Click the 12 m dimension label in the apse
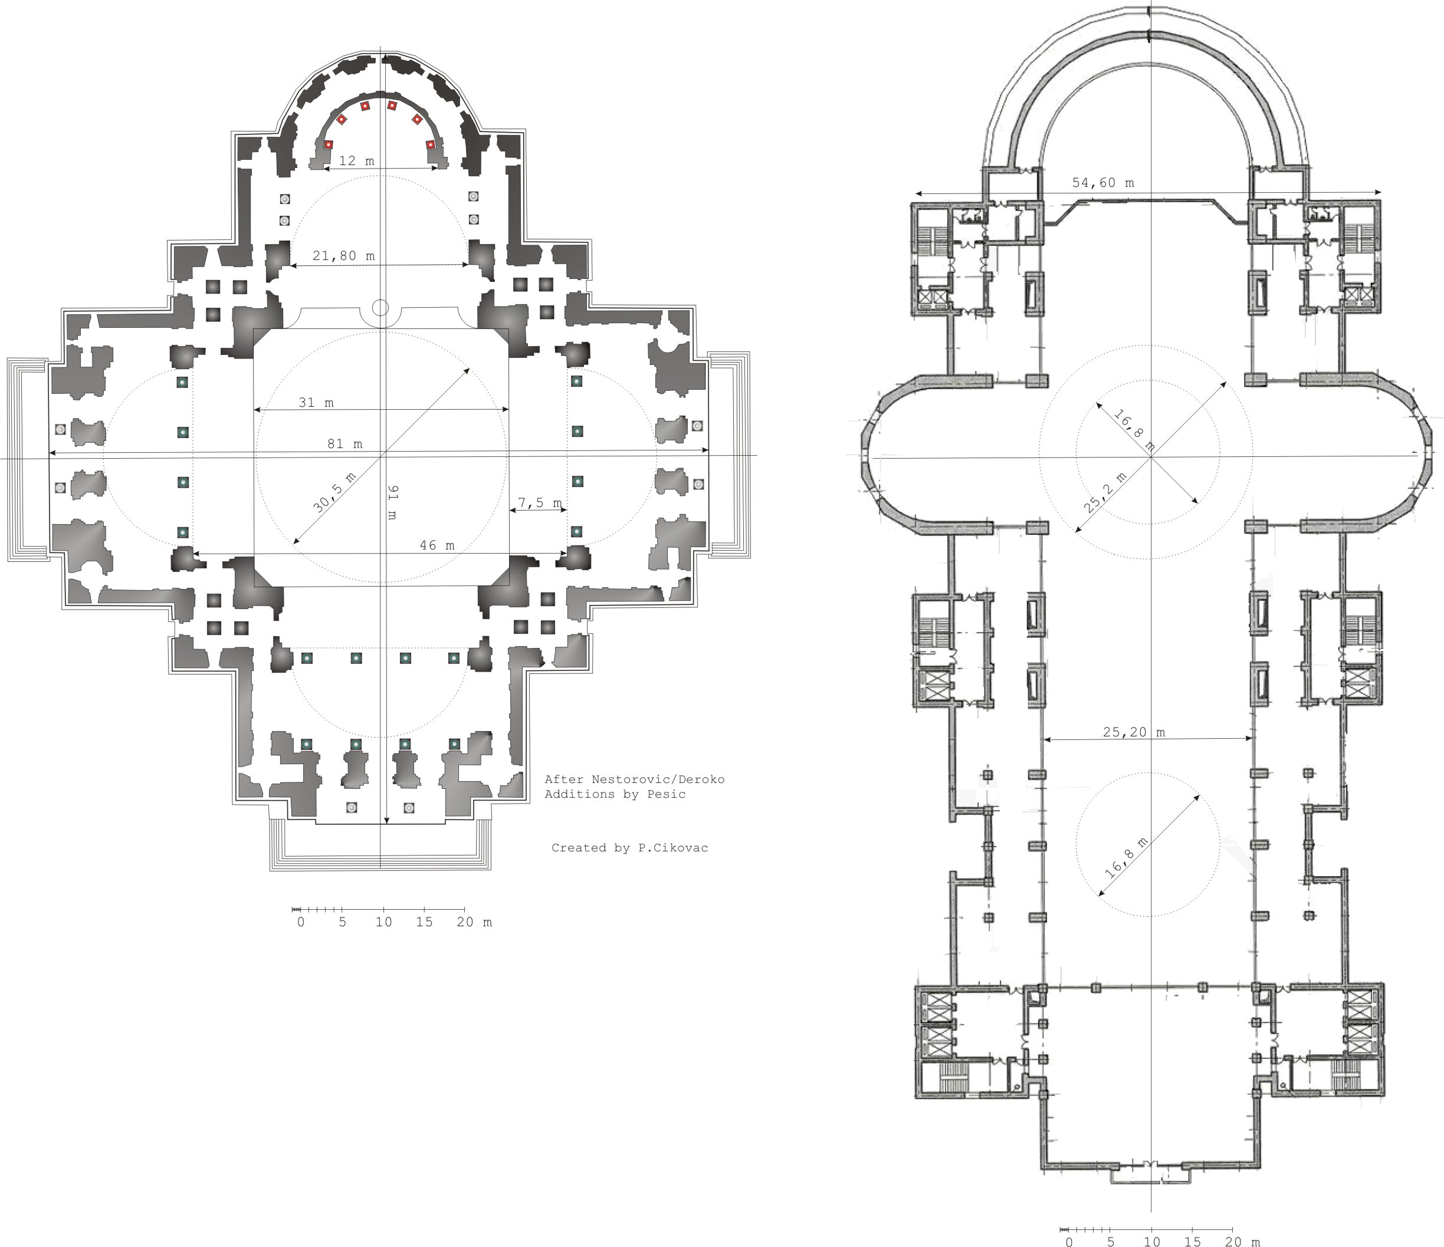click(x=357, y=161)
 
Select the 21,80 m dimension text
click(x=343, y=256)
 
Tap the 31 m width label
click(x=316, y=403)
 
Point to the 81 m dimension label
click(x=345, y=444)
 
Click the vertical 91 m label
click(x=392, y=502)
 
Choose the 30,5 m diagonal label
click(x=334, y=492)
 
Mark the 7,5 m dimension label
click(x=540, y=502)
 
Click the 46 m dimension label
click(x=437, y=545)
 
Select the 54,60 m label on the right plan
click(x=1103, y=183)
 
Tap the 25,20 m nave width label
click(x=1134, y=732)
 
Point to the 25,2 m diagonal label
click(x=1105, y=492)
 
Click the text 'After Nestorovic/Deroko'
click(x=635, y=779)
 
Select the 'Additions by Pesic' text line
click(x=615, y=794)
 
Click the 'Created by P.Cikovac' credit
click(x=630, y=848)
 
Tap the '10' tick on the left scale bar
click(x=384, y=922)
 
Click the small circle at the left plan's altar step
click(x=380, y=307)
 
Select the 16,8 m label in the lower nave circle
click(x=1125, y=857)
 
